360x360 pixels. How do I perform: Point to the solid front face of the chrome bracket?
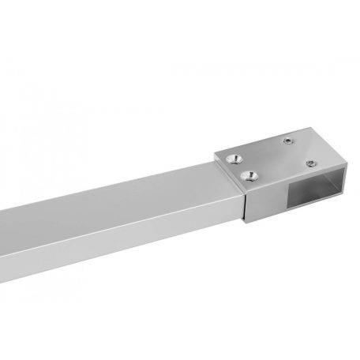272,201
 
